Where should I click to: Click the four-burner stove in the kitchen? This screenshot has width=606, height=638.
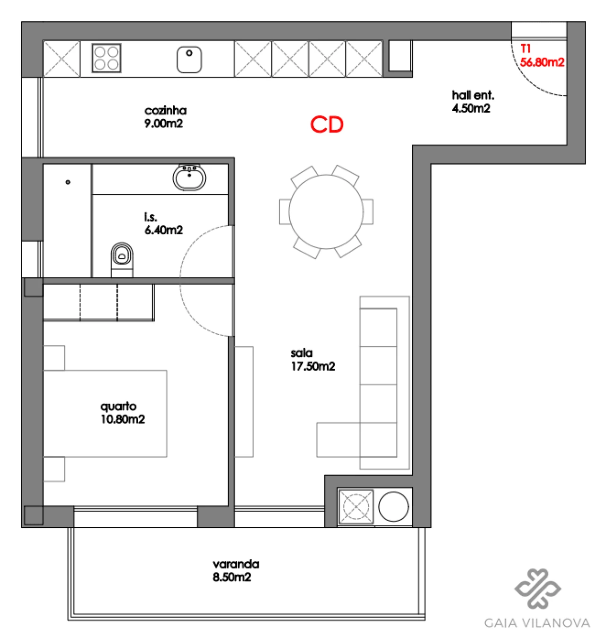pos(107,58)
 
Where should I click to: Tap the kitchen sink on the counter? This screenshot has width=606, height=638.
pos(189,60)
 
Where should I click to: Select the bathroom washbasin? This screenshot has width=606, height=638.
pos(189,178)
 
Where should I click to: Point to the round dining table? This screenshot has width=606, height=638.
pos(326,212)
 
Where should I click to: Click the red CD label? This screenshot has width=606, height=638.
pos(327,125)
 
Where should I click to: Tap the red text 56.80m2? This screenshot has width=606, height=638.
pos(542,62)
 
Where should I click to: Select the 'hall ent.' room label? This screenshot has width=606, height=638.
pos(473,95)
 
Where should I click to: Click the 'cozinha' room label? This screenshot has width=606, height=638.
pos(165,110)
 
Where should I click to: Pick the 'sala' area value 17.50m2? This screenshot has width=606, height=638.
pos(313,366)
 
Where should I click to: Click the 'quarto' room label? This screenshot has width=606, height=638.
pos(118,406)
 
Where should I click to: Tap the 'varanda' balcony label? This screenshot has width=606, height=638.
pos(236,564)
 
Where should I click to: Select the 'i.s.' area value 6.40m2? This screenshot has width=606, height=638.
pos(163,230)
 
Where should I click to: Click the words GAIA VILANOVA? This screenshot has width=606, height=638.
pos(537,623)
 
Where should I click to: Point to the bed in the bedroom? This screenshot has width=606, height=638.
pos(105,413)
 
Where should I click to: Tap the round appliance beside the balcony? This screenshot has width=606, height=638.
pos(393,506)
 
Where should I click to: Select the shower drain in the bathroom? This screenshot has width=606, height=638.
pos(68,182)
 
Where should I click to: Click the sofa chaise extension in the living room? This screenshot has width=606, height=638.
pos(338,440)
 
